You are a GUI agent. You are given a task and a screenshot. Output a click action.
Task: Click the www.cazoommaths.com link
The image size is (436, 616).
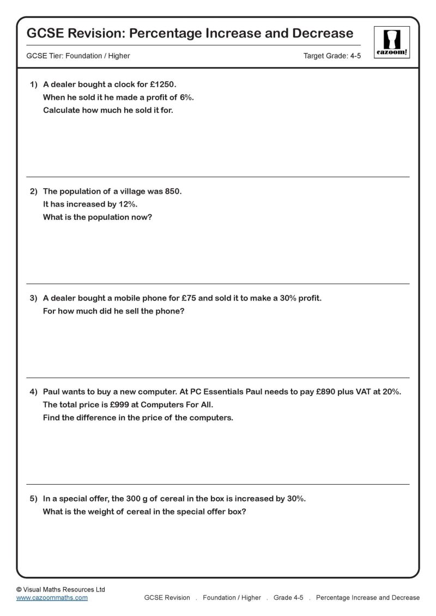pyautogui.click(x=52, y=597)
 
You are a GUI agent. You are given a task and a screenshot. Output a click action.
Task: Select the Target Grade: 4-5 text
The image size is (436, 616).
pyautogui.click(x=332, y=56)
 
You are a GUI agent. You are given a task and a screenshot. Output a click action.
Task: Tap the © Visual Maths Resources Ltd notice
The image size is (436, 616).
pyautogui.click(x=60, y=589)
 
